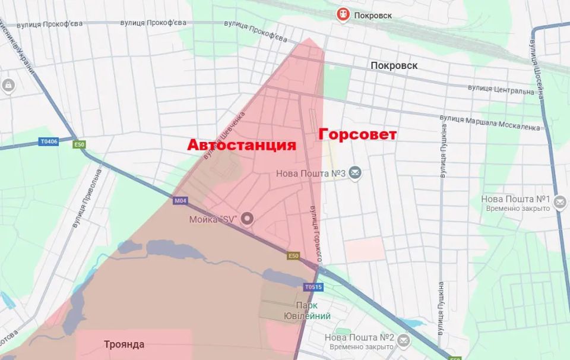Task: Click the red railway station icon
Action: pos(343,14)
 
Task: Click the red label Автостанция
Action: pos(242,145)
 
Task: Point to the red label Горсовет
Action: pos(357,135)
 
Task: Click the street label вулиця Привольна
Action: pos(88,200)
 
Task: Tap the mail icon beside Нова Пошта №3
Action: pos(355,173)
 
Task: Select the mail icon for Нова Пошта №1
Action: pos(559,203)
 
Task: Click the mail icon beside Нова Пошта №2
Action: pos(404,340)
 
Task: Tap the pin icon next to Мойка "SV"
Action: pos(248,219)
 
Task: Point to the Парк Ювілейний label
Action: pos(314,310)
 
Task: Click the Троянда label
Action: pos(124,344)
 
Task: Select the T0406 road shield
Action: pos(49,141)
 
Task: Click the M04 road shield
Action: pos(180,201)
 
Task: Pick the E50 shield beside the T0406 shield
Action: pos(78,144)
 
